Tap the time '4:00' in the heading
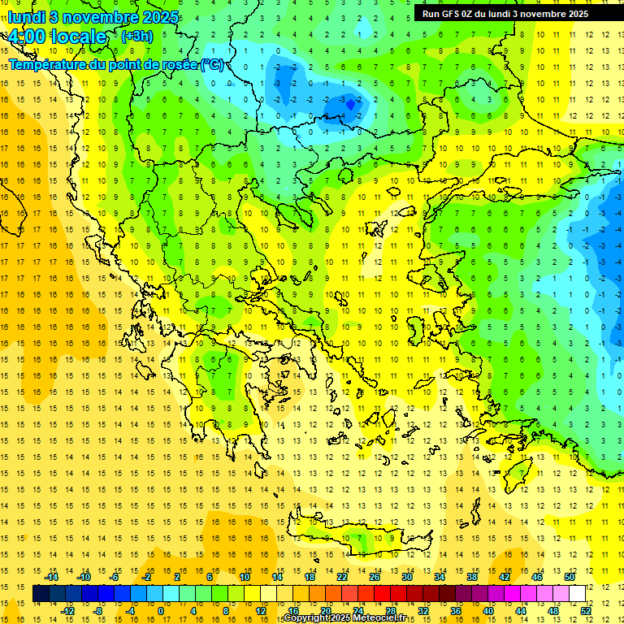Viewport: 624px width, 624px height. (28, 37)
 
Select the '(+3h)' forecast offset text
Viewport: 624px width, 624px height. (136, 37)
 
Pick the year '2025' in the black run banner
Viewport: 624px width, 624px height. (574, 14)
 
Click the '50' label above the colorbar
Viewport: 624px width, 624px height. (569, 577)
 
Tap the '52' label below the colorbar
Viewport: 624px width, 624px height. (586, 610)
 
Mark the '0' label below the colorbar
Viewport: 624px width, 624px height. (160, 610)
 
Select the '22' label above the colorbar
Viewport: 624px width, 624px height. (342, 577)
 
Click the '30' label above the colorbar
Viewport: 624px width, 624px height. (406, 577)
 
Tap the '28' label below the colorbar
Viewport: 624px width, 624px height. (390, 610)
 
